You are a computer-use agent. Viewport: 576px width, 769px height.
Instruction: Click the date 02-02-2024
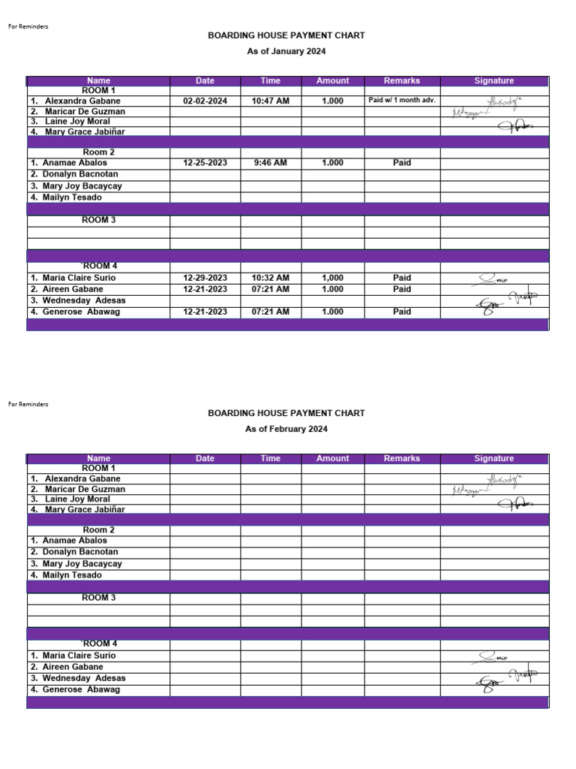(205, 101)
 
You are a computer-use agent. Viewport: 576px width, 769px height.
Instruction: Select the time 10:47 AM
(271, 101)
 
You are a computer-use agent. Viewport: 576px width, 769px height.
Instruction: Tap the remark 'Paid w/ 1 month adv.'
(402, 100)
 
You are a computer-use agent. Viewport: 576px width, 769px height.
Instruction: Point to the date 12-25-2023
(205, 162)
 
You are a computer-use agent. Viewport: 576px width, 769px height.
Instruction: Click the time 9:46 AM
(271, 162)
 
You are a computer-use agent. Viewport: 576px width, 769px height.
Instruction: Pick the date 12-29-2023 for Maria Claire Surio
(205, 278)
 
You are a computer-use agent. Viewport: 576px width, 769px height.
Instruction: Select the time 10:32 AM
(271, 278)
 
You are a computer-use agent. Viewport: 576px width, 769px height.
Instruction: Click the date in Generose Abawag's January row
(205, 312)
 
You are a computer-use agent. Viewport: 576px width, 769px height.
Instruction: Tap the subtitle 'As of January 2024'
(286, 52)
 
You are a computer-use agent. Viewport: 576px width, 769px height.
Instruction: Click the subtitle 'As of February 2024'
(286, 430)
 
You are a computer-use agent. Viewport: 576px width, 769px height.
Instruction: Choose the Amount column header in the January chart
(333, 81)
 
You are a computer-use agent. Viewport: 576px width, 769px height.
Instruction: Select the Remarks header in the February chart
(402, 459)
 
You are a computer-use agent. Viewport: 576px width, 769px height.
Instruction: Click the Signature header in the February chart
(494, 459)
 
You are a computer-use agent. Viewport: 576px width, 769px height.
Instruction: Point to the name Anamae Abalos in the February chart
(74, 541)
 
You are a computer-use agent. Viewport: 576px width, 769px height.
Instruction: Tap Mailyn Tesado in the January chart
(72, 198)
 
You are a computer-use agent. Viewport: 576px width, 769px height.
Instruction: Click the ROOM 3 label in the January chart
(98, 221)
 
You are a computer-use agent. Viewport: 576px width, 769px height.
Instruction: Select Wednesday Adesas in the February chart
(83, 678)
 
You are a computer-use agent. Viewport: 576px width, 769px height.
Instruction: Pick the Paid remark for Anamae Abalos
(402, 162)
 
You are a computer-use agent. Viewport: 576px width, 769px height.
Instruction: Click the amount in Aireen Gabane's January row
(333, 289)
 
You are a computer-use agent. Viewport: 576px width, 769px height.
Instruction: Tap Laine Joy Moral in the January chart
(77, 122)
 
